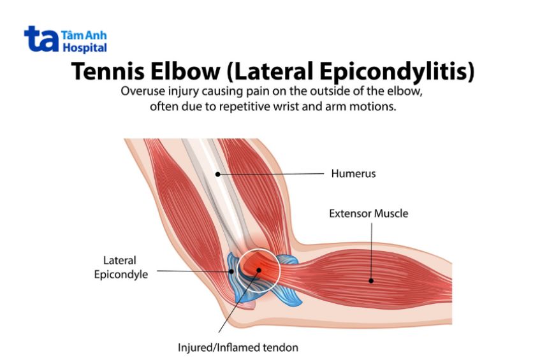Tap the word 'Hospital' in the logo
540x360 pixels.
pyautogui.click(x=85, y=48)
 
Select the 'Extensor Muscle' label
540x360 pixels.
pyautogui.click(x=369, y=213)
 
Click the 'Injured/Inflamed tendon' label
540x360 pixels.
pyautogui.click(x=238, y=348)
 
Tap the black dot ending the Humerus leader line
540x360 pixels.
pyautogui.click(x=217, y=173)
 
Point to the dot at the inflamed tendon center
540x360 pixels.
pyautogui.click(x=258, y=270)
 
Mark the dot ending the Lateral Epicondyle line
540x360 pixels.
pyautogui.click(x=233, y=271)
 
